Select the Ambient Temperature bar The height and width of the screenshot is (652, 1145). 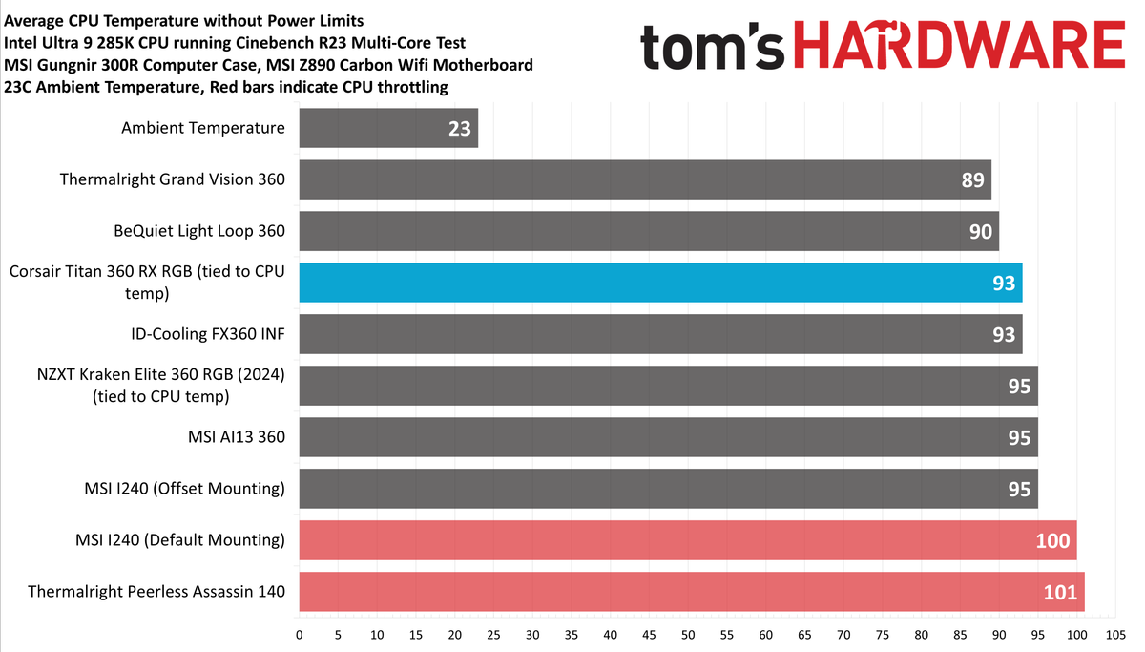388,128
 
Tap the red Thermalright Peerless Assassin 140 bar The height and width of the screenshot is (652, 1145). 692,592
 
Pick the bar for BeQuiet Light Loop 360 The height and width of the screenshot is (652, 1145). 649,231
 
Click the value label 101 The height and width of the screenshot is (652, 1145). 1058,593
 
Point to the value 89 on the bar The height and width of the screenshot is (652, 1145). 973,179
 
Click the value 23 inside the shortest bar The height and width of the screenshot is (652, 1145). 460,128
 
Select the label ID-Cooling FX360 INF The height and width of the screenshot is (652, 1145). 208,334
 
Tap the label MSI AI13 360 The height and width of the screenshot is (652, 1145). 236,437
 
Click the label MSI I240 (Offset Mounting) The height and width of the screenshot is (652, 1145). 185,489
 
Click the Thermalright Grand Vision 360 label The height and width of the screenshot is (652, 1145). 172,179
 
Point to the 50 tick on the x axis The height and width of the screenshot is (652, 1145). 688,634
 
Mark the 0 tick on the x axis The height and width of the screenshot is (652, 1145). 300,634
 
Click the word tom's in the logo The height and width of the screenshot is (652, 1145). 711,45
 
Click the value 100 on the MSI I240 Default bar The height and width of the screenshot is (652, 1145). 1052,541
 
